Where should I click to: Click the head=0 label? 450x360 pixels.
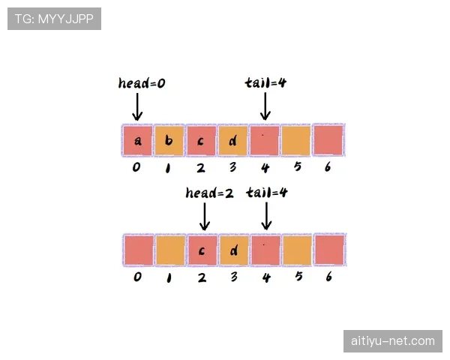[x=142, y=83]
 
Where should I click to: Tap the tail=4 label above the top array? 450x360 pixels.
[x=265, y=82]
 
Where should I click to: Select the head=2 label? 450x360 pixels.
[x=209, y=193]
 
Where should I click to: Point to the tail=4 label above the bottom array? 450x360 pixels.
[x=266, y=192]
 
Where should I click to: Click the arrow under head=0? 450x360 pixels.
[x=137, y=106]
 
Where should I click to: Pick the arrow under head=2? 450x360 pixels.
[x=204, y=217]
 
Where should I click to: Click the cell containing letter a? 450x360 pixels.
[x=137, y=140]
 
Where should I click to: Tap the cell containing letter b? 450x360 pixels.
[x=169, y=140]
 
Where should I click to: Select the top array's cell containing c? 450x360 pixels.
[x=201, y=140]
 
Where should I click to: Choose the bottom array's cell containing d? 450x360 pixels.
[x=234, y=250]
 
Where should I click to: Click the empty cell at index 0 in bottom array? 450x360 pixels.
[x=139, y=250]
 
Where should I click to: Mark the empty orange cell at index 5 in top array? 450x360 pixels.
[x=296, y=140]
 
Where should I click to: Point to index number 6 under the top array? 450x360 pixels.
[x=328, y=166]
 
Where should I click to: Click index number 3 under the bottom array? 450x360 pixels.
[x=234, y=277]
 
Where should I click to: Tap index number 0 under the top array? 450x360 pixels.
[x=136, y=167]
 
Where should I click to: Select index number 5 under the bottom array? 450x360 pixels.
[x=298, y=276]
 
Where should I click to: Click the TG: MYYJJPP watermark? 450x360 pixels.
[x=54, y=19]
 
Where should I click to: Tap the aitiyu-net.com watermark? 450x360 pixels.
[x=393, y=341]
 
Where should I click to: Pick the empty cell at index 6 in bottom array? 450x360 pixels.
[x=329, y=250]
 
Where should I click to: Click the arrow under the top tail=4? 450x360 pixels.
[x=265, y=106]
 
